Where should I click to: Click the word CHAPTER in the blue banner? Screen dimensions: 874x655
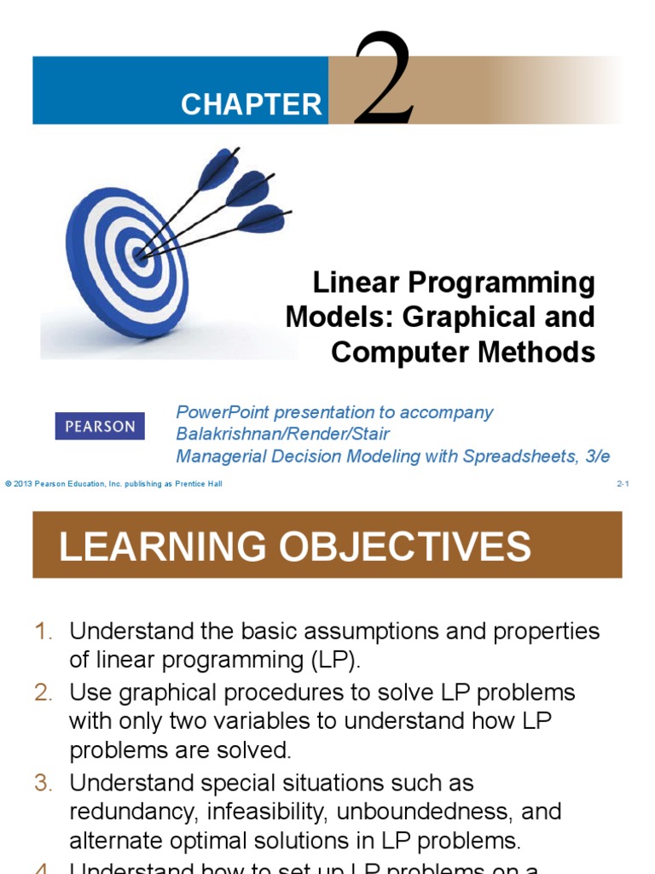pyautogui.click(x=252, y=105)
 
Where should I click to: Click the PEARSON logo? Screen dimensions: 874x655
pyautogui.click(x=100, y=426)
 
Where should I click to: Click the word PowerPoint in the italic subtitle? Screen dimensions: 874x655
pyautogui.click(x=221, y=412)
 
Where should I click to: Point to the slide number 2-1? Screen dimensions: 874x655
pyautogui.click(x=623, y=485)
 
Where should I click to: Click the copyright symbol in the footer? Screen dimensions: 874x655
pyautogui.click(x=8, y=485)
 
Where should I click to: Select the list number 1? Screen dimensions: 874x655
pyautogui.click(x=43, y=632)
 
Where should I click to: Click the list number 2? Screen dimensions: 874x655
pyautogui.click(x=43, y=692)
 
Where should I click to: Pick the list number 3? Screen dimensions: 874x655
pyautogui.click(x=43, y=783)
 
